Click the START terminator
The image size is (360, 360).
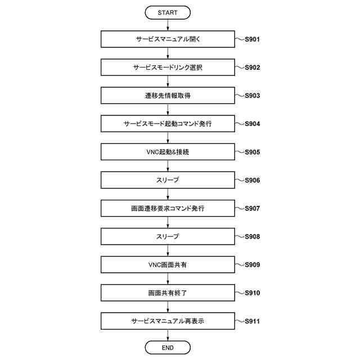tap(168, 12)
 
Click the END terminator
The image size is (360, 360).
tap(168, 348)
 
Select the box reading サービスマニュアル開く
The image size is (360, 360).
tap(168, 39)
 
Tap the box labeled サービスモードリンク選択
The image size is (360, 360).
tap(168, 67)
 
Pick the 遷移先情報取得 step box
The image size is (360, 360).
tap(168, 96)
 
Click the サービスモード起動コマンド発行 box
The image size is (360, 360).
tap(168, 124)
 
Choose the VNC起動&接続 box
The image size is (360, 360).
tap(168, 152)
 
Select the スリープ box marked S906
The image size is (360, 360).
tap(168, 180)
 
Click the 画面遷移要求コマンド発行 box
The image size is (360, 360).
tap(168, 208)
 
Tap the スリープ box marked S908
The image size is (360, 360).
tap(168, 236)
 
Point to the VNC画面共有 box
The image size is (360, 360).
tap(168, 264)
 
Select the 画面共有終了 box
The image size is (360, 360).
tap(168, 293)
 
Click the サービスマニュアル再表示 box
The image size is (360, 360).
tap(168, 321)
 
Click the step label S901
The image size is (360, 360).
tap(251, 39)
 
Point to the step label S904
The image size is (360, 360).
tap(251, 124)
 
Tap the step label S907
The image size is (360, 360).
tap(251, 208)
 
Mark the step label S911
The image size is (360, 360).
tap(251, 321)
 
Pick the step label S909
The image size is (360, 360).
tap(251, 264)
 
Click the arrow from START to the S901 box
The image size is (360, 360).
tap(168, 25)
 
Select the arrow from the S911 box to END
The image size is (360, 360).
tap(168, 335)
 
